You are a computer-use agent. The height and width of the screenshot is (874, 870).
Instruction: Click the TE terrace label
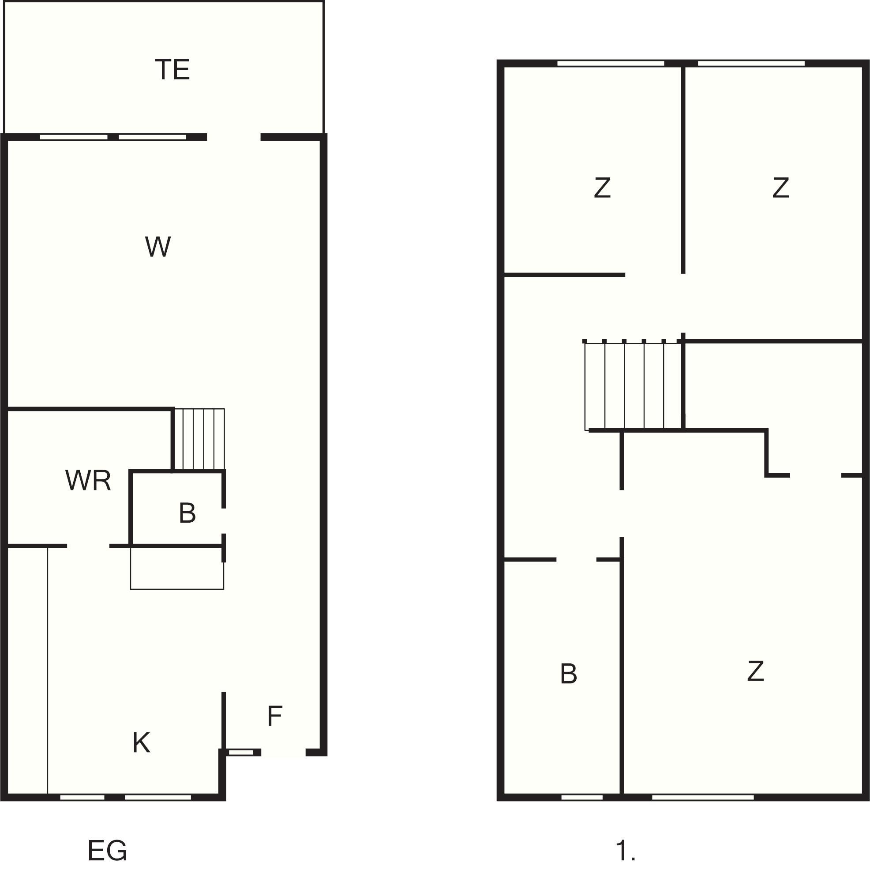[172, 70]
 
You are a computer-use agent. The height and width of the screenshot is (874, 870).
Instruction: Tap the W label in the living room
[158, 247]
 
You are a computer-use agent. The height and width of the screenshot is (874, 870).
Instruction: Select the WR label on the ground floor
[88, 480]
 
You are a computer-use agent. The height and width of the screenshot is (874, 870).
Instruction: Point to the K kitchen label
[141, 742]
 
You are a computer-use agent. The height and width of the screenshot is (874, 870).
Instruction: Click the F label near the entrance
[275, 716]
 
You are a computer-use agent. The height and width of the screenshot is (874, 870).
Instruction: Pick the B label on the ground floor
[187, 513]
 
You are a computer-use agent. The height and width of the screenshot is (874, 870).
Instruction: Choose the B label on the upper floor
[568, 674]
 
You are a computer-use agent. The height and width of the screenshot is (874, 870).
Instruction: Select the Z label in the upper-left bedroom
[602, 188]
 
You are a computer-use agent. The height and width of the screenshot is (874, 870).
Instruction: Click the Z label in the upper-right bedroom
[781, 188]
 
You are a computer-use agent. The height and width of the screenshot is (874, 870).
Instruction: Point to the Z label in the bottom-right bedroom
[756, 671]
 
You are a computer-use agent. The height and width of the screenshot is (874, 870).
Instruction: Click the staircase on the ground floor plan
[199, 439]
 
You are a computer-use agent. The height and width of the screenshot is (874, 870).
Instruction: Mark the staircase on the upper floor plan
[633, 385]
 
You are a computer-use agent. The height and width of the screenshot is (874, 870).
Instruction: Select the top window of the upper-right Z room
[751, 63]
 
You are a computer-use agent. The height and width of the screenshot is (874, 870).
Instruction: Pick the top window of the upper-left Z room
[611, 63]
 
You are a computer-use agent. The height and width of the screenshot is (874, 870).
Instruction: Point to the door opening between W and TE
[234, 137]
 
